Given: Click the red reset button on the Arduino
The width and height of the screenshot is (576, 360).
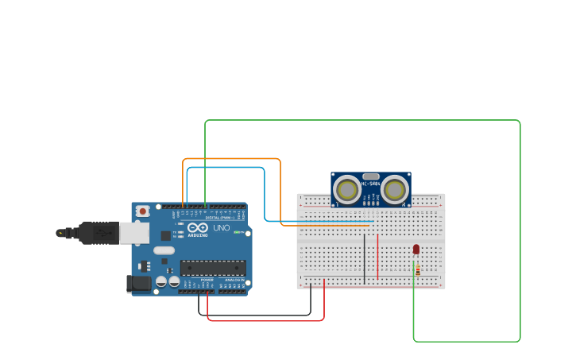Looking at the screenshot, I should pos(142,211).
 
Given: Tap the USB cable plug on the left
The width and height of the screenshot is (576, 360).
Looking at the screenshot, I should pos(95,233).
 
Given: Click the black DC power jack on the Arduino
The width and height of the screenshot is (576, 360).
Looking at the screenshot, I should pos(139,283).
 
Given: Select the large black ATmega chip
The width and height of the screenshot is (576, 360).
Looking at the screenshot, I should pos(212,268).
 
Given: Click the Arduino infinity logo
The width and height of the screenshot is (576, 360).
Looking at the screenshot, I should pos(199,228).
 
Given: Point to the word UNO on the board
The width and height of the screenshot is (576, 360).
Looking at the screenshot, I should pos(222,228).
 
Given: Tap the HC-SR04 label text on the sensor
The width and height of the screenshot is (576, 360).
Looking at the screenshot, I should pos(371,184).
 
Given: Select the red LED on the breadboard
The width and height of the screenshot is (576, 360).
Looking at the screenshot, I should pos(416,250).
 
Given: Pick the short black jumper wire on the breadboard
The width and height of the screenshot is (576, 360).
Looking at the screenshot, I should pos(365,258).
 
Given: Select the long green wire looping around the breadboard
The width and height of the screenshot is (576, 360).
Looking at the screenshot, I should pos(520,230).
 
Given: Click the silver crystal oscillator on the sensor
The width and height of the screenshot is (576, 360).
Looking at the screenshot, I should pos(370,176).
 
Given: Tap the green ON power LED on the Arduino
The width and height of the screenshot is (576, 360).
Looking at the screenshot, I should pos(237,232).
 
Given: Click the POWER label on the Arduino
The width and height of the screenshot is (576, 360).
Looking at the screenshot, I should pos(207,280).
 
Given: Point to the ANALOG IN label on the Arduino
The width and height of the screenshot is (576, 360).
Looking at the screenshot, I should pos(234,280).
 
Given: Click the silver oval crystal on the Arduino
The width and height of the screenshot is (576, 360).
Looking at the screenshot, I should pos(164,250).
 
